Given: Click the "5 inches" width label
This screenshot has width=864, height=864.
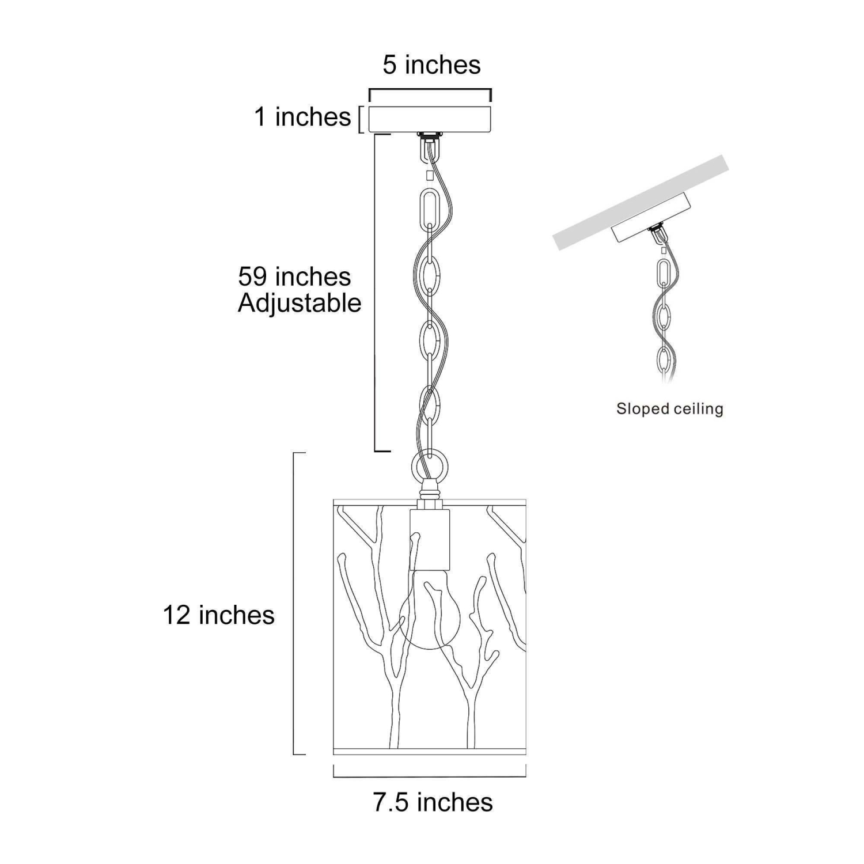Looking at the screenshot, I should tap(431, 65).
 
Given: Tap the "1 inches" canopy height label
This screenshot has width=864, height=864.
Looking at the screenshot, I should tap(302, 117).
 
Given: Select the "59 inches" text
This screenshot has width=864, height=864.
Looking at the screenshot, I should tap(294, 276).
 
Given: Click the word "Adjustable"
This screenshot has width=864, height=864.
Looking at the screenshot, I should tap(300, 304).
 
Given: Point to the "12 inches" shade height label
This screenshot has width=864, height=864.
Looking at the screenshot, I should tap(219, 615).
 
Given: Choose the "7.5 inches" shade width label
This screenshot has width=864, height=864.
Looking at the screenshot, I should tap(433, 802).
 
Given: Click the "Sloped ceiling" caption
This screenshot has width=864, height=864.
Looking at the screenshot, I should tap(669, 409).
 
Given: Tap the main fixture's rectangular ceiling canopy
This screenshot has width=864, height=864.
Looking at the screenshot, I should tap(430, 119).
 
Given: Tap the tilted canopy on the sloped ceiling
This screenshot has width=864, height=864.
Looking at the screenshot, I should tap(651, 218).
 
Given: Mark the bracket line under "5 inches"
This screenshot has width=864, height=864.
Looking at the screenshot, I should tap(430, 90).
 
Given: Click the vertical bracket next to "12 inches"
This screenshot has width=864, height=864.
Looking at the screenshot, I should tap(295, 604).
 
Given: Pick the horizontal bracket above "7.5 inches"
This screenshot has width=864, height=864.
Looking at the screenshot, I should tap(430, 775).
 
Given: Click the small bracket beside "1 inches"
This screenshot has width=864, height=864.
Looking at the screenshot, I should tap(360, 119).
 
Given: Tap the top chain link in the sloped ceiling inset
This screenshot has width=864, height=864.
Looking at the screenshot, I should tap(664, 275).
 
